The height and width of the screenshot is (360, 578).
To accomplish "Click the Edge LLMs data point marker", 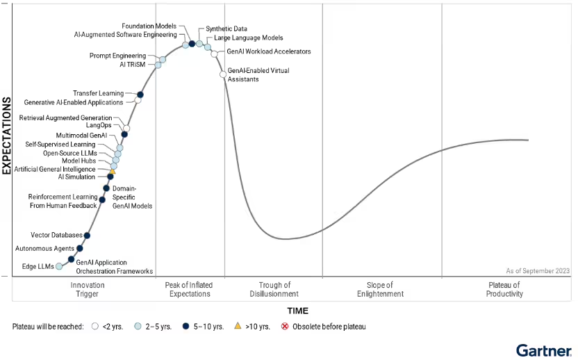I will click(59, 266).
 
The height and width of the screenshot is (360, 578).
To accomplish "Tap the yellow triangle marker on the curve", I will click(112, 170).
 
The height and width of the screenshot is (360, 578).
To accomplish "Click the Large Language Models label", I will click(249, 38).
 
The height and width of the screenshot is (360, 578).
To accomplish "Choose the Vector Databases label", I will click(56, 235).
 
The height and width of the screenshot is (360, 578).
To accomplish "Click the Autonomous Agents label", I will click(44, 247).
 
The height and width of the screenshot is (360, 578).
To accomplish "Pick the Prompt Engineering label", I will click(117, 55).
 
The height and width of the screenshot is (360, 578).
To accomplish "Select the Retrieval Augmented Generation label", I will click(65, 118).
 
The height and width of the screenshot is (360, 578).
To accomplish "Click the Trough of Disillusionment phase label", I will click(274, 289).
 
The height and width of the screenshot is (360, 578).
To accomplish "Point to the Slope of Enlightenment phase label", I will click(379, 289).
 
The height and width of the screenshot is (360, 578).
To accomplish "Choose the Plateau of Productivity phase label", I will click(505, 289).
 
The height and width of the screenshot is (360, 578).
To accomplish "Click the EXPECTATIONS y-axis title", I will click(7, 136).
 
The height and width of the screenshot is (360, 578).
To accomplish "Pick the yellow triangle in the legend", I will click(238, 326).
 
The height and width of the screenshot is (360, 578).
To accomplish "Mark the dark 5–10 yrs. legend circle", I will click(185, 326).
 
